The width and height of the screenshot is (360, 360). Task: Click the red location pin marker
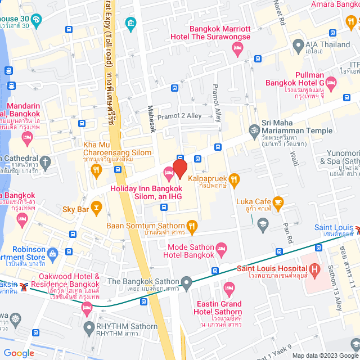coord(179,168)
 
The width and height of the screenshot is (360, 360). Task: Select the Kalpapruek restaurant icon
coord(235,180)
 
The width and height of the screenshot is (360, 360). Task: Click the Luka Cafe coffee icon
coord(278,201)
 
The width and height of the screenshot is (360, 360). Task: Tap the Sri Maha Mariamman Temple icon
coord(253,130)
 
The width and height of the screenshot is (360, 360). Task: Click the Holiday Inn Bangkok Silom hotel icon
coord(168,172)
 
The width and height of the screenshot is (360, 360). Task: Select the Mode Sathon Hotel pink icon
coord(222,248)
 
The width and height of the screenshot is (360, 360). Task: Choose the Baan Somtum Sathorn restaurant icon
coord(192,227)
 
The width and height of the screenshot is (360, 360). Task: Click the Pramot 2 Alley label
coord(179,116)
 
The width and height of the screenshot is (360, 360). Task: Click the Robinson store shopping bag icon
coord(52,253)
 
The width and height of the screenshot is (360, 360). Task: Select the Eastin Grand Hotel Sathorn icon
coord(228,290)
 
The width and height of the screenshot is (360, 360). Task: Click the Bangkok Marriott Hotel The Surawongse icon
coord(238,52)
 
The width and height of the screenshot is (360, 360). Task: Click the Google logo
coord(18,353)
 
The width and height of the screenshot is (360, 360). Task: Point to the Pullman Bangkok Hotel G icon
coord(332,84)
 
